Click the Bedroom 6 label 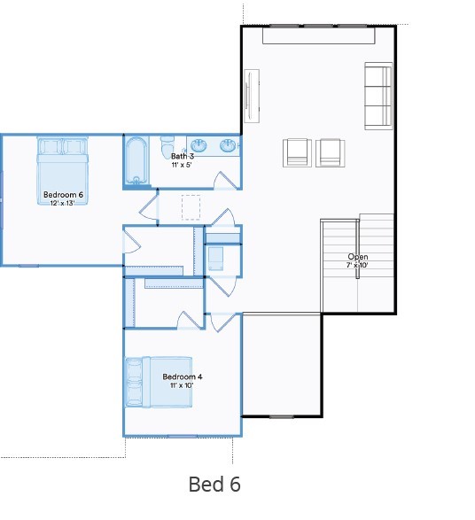[62, 194]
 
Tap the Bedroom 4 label [182, 376]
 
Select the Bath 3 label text [182, 156]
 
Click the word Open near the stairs [357, 257]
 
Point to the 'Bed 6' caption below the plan [214, 485]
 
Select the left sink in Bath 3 [199, 144]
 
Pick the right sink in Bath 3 [228, 145]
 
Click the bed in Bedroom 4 [159, 382]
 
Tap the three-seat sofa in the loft [378, 96]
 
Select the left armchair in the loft [297, 152]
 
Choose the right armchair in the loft [330, 152]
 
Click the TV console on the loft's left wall [251, 96]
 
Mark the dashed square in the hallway [191, 207]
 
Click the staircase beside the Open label [341, 266]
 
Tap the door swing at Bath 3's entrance [228, 179]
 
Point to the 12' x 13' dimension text [62, 203]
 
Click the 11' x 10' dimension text [182, 385]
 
